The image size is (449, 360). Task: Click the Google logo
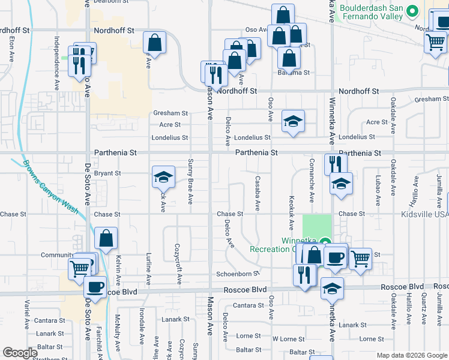coord(20,353)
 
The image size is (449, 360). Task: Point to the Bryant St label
coord(108,173)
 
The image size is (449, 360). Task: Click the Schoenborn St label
coord(238,274)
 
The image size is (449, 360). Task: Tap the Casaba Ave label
coord(258,193)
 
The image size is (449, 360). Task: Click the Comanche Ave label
coord(312,181)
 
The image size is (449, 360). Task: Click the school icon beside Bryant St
coord(163,176)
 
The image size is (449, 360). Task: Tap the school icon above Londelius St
coord(293,121)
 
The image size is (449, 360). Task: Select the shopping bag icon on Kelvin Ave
coord(106,238)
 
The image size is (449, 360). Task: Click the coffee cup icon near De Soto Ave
coord(95,286)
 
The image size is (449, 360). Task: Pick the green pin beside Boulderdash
coord(412,11)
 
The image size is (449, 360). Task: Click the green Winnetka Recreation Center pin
coord(325,243)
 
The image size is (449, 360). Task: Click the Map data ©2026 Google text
coord(411,355)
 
